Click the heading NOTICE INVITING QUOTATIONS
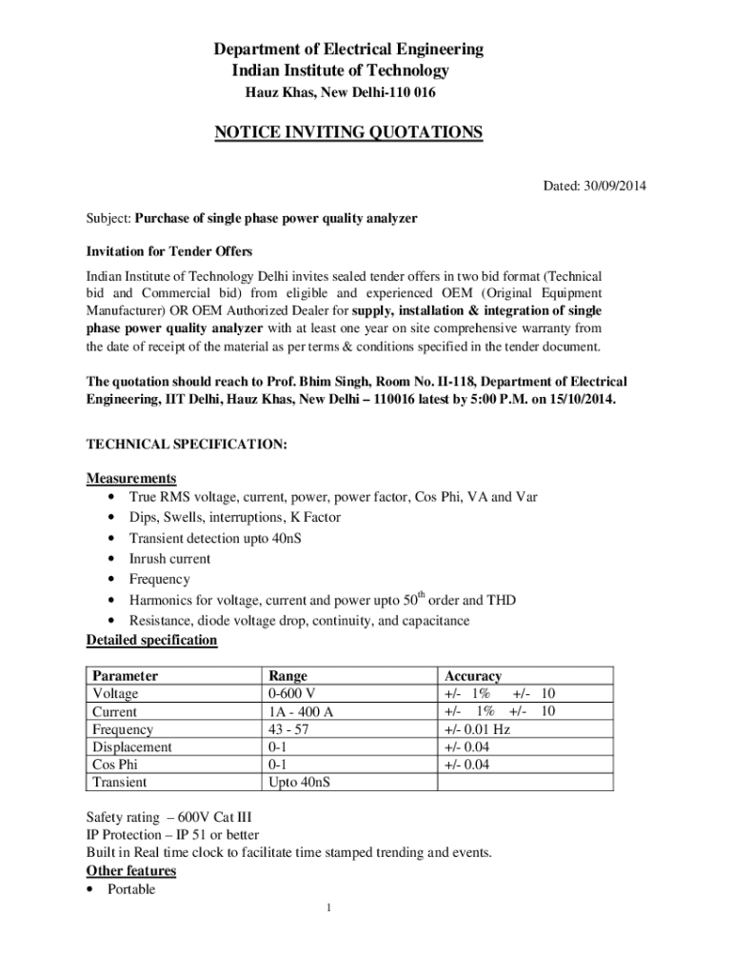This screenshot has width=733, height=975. [x=347, y=132]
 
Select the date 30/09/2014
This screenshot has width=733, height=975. [x=615, y=185]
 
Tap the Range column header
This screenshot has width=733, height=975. [x=288, y=676]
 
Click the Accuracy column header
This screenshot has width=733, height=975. [x=472, y=676]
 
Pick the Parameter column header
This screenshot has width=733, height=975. [x=125, y=676]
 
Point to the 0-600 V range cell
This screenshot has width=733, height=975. [x=292, y=693]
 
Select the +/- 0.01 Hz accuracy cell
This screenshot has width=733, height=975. [x=477, y=729]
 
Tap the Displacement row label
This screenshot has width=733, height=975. [x=131, y=746]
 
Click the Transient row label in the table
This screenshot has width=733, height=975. [x=119, y=782]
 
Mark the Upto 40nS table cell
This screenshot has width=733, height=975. [x=301, y=782]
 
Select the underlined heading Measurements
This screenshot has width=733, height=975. [x=131, y=477]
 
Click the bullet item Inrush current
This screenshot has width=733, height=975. [x=169, y=559]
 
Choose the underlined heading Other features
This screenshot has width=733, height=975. [x=131, y=871]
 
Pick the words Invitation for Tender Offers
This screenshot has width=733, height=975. [x=169, y=251]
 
